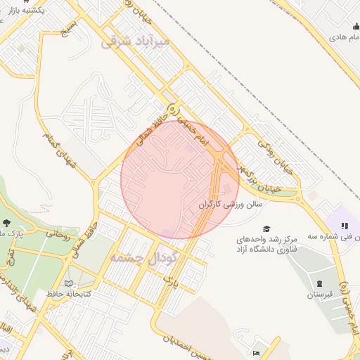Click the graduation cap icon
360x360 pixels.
pyautogui.click(x=266, y=229)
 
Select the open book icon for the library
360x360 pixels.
pyautogui.click(x=68, y=283)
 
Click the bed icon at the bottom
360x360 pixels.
pyautogui.click(x=256, y=352)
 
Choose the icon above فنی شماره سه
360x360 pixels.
pyautogui.click(x=345, y=226)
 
